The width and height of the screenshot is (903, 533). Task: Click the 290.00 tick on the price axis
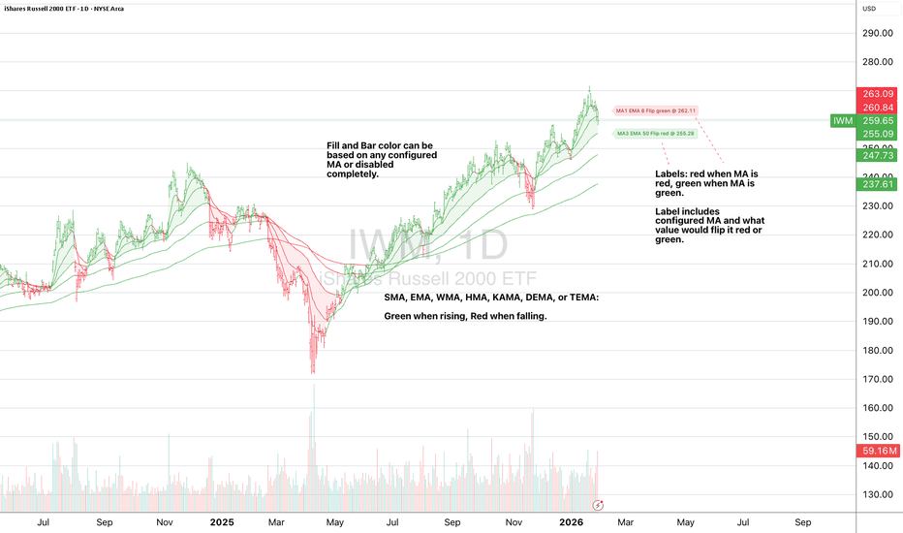876,33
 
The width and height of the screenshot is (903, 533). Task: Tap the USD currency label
869,10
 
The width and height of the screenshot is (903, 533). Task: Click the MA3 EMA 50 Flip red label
655,133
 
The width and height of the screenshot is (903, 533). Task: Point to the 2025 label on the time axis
222,522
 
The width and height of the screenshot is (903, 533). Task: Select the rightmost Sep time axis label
802,522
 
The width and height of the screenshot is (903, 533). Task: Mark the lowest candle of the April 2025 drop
312,369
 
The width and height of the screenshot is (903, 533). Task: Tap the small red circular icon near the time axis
599,505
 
